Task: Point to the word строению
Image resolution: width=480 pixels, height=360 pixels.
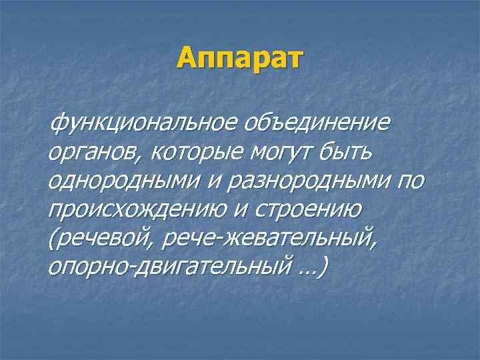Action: point(304,211)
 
